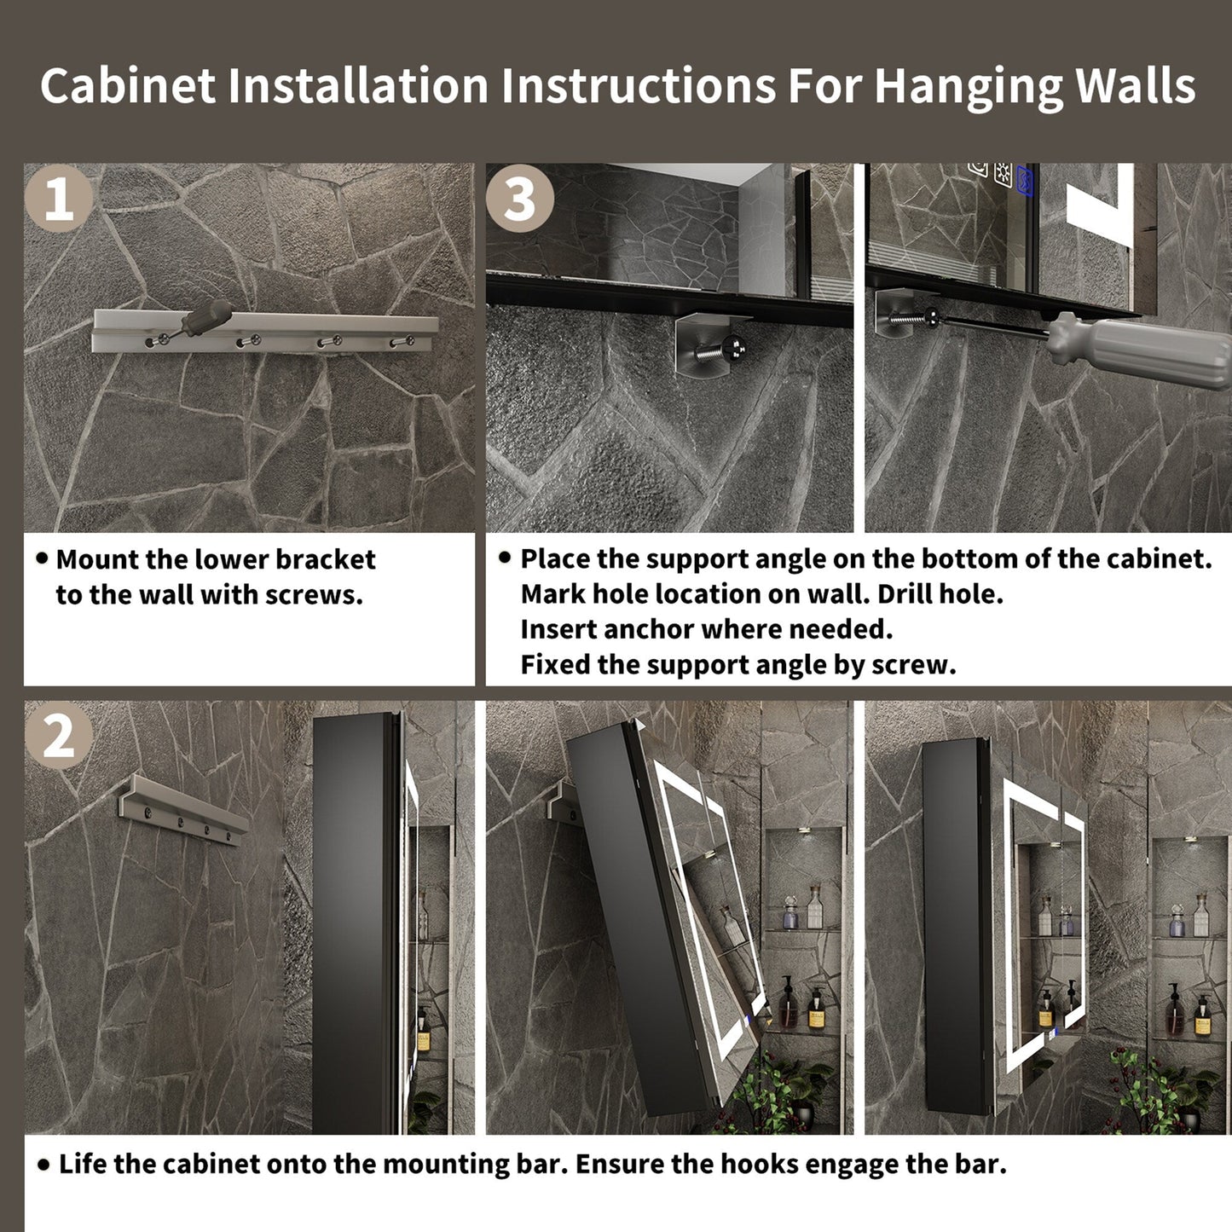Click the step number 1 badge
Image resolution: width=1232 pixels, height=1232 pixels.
59,198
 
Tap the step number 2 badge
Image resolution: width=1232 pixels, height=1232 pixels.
59,735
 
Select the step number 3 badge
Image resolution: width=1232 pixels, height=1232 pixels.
520,198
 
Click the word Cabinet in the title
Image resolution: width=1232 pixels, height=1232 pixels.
129,85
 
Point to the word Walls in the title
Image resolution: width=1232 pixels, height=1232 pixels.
1136,85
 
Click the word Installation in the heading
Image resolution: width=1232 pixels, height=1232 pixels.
359,85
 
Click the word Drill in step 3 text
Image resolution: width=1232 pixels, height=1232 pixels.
901,594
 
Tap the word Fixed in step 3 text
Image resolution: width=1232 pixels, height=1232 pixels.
555,665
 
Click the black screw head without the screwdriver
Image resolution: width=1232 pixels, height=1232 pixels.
733,349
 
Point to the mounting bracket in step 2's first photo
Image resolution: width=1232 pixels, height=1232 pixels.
183,809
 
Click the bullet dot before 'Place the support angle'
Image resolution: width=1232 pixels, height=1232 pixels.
505,558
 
